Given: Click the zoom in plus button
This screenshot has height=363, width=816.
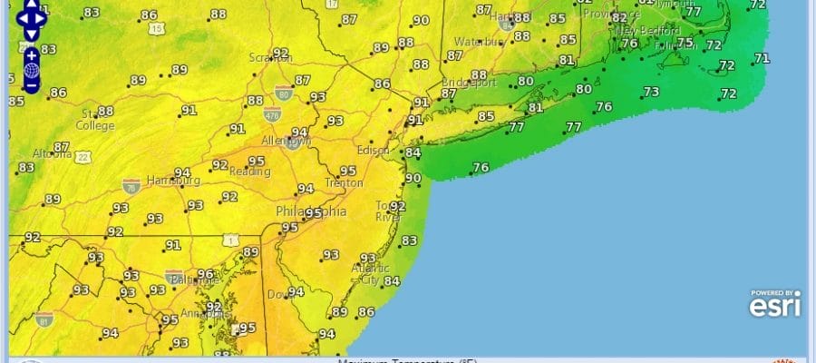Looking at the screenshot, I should tap(31, 54).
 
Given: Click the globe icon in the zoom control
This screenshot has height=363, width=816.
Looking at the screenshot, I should tap(31, 69).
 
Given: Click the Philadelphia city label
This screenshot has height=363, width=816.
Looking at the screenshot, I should tap(310, 211).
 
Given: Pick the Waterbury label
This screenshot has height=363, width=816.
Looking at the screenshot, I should tap(479, 42).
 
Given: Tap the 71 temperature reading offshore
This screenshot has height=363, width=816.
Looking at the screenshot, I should tap(762, 59).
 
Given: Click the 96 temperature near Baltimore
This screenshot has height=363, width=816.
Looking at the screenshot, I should tap(206, 274).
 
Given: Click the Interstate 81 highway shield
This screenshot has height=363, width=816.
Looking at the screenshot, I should tap(44, 319).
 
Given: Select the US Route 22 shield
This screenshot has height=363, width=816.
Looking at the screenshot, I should tap(83, 158).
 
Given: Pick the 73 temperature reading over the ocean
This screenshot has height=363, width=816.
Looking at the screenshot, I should tap(650, 92).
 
